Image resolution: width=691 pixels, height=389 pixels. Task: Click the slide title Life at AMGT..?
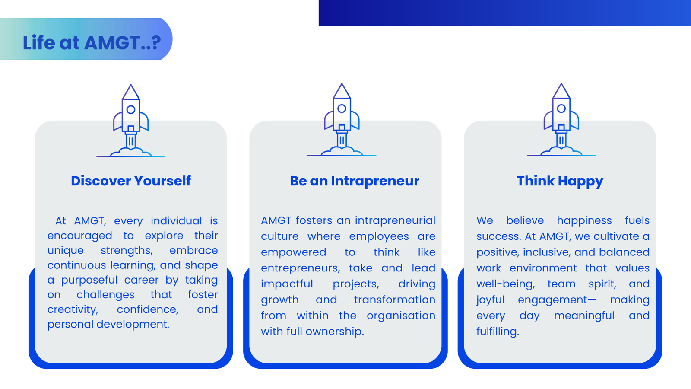click(92, 42)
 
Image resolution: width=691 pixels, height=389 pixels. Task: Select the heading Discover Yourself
click(131, 181)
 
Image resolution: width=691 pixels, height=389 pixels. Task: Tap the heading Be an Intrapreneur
click(355, 181)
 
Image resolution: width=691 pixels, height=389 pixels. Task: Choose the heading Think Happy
click(560, 181)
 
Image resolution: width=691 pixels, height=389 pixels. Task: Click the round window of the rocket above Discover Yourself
click(131, 110)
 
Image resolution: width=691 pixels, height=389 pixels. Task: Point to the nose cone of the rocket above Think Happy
click(561, 91)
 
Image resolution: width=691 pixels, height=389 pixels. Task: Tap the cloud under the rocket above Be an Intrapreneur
click(342, 151)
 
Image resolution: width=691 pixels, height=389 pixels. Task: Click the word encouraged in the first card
click(79, 236)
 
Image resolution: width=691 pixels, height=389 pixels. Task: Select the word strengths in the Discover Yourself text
click(127, 250)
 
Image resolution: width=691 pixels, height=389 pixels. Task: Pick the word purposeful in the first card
click(89, 281)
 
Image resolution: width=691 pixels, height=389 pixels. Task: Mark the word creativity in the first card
click(73, 309)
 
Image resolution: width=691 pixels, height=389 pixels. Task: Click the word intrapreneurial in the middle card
click(395, 221)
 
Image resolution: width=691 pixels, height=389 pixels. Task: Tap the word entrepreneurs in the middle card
click(301, 268)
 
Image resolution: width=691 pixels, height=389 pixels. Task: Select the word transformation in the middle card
click(395, 300)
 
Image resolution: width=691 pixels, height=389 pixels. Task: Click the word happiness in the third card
click(584, 221)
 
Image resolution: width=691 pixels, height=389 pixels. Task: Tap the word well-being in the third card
click(506, 284)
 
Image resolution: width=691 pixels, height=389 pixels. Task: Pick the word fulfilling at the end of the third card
click(498, 332)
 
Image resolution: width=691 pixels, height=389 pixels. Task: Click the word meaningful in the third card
click(584, 316)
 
